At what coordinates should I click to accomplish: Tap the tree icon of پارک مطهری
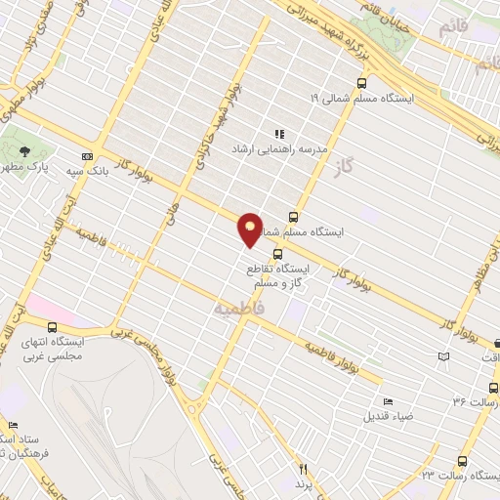click(23, 150)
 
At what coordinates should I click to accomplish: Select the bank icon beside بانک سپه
click(88, 156)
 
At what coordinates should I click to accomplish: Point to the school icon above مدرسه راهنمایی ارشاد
click(278, 134)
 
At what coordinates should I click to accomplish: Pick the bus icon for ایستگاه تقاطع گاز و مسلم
click(278, 253)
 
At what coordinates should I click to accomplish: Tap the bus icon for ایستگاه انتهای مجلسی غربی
click(51, 327)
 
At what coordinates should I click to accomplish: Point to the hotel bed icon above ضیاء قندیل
click(389, 401)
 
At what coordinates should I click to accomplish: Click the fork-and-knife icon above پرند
click(303, 470)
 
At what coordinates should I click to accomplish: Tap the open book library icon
click(445, 358)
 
